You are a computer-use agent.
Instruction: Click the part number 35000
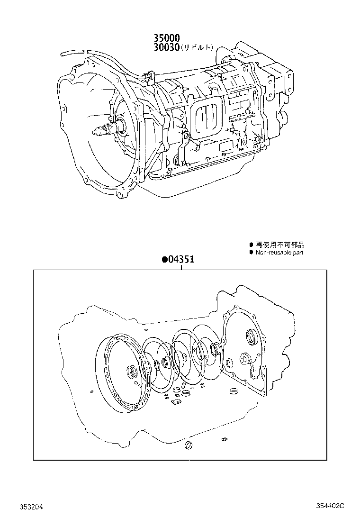click(x=165, y=38)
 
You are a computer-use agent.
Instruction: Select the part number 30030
click(x=165, y=47)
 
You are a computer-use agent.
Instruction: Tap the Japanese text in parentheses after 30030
click(x=198, y=48)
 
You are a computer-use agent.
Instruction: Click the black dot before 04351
click(x=164, y=260)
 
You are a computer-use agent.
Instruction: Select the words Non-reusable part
click(x=279, y=253)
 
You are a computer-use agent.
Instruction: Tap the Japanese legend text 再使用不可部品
click(x=280, y=245)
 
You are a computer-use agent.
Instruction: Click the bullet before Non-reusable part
click(x=252, y=253)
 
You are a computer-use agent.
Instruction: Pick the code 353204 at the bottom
click(x=31, y=507)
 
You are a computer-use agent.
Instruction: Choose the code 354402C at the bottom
click(x=332, y=507)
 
